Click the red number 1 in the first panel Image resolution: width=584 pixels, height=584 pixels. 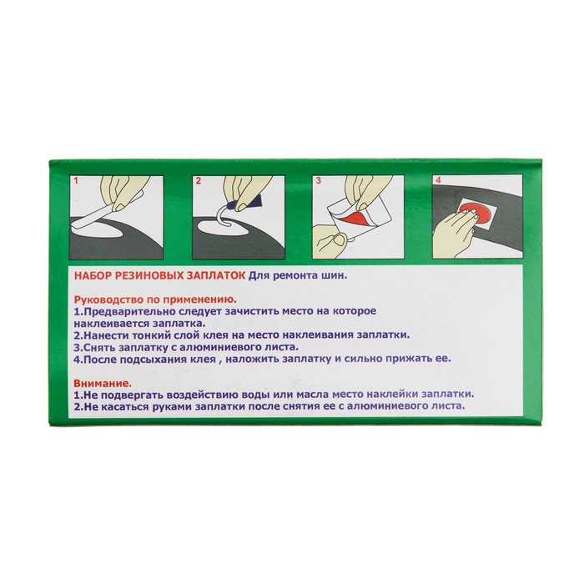[x=77, y=181]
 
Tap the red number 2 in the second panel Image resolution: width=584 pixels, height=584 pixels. [x=199, y=181]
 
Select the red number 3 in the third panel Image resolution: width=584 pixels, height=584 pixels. [x=319, y=181]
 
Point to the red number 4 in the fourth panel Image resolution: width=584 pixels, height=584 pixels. [x=438, y=180]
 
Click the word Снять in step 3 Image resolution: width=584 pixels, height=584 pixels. [x=100, y=348]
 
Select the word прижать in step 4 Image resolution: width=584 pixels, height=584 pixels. [x=406, y=360]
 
